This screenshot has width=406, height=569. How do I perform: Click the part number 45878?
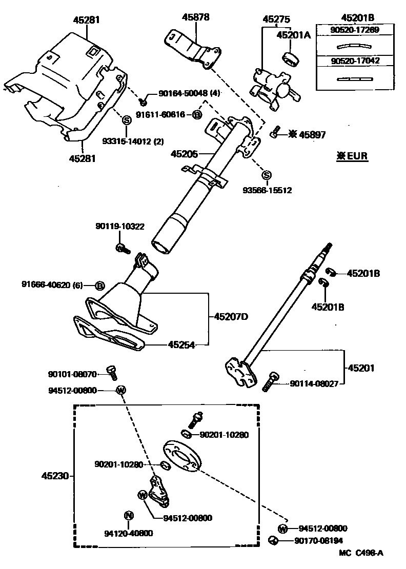pos(196,17)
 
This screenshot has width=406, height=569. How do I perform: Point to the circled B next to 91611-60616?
pos(197,115)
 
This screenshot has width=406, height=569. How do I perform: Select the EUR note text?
pos(352,156)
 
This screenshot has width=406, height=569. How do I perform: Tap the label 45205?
pos(185,153)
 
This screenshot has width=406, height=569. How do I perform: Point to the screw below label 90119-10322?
pos(122,248)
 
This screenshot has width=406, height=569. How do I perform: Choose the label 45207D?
pos(230,317)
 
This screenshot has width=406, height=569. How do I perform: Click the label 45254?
pos(181,345)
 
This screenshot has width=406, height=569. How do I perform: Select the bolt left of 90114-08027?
pos(270,382)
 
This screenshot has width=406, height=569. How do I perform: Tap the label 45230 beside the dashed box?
pos(55,475)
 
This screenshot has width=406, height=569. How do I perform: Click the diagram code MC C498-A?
pos(360,553)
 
